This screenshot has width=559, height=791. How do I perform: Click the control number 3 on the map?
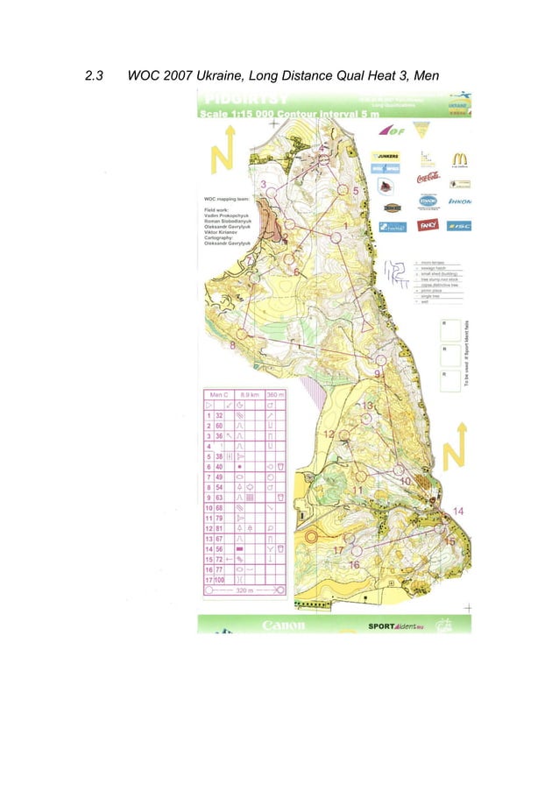pos(264,184)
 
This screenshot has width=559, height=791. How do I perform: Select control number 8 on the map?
pos(232,346)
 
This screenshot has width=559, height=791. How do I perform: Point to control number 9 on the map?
pos(377,374)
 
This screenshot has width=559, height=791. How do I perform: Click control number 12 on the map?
pos(328,434)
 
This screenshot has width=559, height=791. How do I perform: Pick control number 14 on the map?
pos(457,511)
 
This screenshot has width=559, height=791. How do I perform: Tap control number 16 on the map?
pos(354,565)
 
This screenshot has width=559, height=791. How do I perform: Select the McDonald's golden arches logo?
pos(459,159)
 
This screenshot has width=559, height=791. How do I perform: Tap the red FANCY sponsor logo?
pos(428,225)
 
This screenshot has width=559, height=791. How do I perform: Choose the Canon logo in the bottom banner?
pos(284,625)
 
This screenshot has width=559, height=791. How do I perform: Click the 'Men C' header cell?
pos(215,395)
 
